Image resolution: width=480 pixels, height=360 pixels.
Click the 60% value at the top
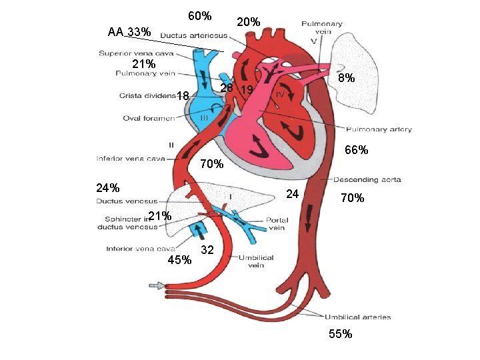[x=199, y=15]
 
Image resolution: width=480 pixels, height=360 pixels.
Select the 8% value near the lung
[x=346, y=78]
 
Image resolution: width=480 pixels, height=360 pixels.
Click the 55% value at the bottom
[x=340, y=334]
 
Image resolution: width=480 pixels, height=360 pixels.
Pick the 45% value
[x=179, y=260]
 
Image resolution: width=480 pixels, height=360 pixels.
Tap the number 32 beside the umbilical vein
[x=207, y=250]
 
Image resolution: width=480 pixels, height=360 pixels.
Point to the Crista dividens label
[x=147, y=95]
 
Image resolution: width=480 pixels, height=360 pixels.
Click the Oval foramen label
[x=149, y=119]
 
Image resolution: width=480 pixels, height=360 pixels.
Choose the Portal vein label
[x=276, y=223]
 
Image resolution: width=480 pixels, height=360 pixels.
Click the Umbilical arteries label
[x=357, y=317]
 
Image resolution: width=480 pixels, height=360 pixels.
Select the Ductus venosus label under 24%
[x=127, y=201]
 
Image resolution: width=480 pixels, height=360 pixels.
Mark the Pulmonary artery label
[x=378, y=129]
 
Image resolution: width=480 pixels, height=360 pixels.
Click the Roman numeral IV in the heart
[x=281, y=96]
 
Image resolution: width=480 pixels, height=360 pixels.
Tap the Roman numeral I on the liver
[x=230, y=197]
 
